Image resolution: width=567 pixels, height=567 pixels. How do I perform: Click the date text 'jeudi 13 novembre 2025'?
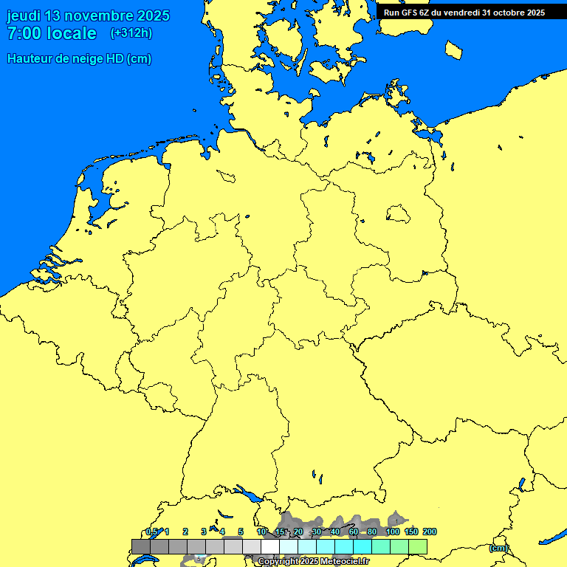88,16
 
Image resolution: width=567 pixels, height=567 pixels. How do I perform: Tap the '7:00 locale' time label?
52,33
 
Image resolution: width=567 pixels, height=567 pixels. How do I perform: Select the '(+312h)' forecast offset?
131,33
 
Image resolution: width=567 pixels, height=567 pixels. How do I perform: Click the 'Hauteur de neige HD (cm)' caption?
79,59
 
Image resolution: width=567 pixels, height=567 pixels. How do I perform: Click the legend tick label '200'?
430,532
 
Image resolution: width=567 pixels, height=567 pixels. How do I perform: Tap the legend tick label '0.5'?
151,532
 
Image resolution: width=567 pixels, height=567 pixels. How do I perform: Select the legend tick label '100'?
393,532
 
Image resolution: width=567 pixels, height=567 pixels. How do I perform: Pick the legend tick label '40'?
335,532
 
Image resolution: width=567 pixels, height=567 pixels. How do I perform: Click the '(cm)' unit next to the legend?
498,548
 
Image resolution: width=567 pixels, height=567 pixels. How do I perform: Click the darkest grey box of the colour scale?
141,546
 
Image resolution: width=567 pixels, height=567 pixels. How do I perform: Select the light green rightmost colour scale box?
418,546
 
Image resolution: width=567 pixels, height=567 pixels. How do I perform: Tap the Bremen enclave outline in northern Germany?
226,176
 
